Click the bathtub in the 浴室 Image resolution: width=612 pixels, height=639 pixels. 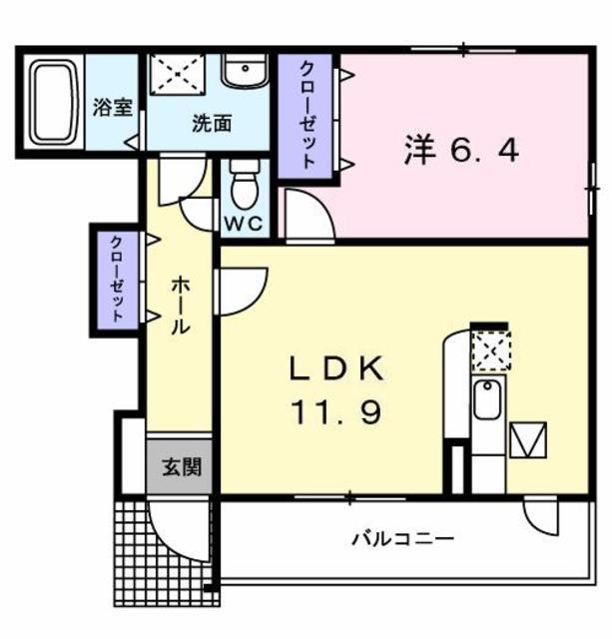pos(54,103)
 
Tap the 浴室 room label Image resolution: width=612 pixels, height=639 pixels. pos(113,107)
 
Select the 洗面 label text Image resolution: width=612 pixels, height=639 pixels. pos(212,123)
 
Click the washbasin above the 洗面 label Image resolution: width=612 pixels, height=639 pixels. pos(245,71)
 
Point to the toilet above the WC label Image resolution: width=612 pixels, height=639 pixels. pos(245,185)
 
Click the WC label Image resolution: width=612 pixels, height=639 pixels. pos(244,224)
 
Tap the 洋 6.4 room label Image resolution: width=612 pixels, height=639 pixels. pos(461,150)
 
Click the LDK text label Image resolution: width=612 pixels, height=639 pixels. pos(336,368)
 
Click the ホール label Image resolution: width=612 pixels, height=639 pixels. pos(180,305)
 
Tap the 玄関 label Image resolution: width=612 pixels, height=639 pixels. pos(182,467)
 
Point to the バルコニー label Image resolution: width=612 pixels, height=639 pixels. pos(402,539)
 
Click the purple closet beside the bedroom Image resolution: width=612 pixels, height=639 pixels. pos(306,116)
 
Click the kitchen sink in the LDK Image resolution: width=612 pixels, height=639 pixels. pos(487,399)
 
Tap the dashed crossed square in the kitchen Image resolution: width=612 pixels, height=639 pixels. pos(491,350)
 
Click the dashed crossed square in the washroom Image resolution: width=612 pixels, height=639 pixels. pos(178,75)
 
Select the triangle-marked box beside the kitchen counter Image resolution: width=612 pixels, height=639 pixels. pos(528,439)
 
